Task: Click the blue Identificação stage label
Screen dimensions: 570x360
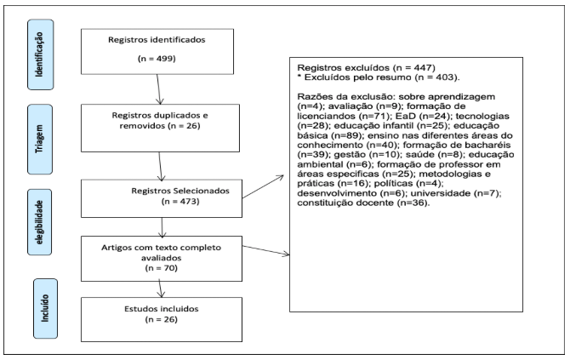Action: pos(40,54)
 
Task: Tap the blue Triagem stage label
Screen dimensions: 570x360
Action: pos(40,140)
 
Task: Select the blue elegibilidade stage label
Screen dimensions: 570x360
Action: pos(40,222)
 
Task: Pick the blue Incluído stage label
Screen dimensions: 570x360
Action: pos(45,309)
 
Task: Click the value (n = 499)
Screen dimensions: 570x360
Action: pos(157,59)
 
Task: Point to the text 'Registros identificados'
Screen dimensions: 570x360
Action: pos(157,40)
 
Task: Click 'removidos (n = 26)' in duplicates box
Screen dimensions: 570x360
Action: pos(160,126)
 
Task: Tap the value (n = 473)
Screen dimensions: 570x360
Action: pos(180,202)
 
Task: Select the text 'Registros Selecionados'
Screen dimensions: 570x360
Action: pos(180,191)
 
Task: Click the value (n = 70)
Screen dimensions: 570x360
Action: pos(161,268)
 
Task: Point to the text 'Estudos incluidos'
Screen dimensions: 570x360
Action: pos(162,309)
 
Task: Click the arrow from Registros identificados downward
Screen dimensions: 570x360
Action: pos(158,89)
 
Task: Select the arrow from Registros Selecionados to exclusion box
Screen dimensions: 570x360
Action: pos(263,186)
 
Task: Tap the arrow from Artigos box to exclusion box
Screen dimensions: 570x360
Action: pos(265,250)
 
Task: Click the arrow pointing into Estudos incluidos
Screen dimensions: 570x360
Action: pos(161,289)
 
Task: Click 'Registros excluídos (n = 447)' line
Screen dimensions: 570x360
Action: pos(367,67)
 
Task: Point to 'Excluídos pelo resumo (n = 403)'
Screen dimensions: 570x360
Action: pos(382,77)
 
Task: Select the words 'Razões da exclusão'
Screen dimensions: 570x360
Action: pos(345,97)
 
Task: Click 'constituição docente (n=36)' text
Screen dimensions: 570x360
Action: pos(363,203)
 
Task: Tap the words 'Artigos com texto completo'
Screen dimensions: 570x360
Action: pos(161,248)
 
